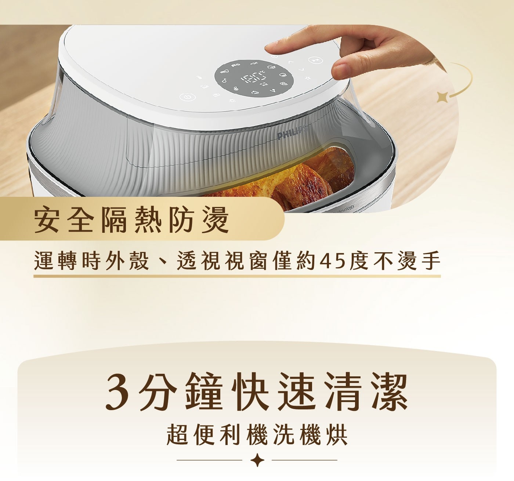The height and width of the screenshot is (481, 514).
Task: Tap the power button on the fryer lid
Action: tap(188, 97)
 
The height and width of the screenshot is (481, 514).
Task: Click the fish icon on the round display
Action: tap(254, 63)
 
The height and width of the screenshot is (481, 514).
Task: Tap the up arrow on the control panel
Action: tap(291, 62)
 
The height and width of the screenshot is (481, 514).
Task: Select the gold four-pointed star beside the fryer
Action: tap(442, 97)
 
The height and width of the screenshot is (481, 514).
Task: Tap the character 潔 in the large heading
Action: tap(388, 393)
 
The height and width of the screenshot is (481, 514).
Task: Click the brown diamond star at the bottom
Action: tap(257, 460)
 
